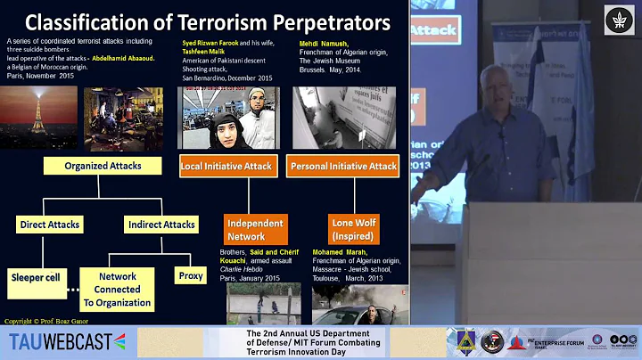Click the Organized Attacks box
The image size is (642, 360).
[x=102, y=166]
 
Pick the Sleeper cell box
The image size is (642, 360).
[x=36, y=277]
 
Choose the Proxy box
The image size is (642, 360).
[x=189, y=276]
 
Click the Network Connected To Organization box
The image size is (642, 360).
[x=118, y=290]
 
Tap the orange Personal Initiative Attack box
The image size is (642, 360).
[x=342, y=166]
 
